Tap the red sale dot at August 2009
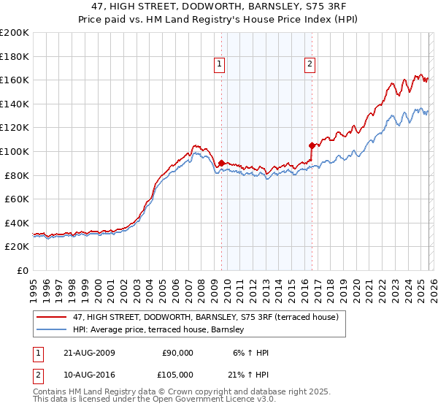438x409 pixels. pyautogui.click(x=221, y=163)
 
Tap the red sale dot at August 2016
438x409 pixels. pyautogui.click(x=312, y=145)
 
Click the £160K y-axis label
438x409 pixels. pyautogui.click(x=15, y=80)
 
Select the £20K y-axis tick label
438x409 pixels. pyautogui.click(x=18, y=246)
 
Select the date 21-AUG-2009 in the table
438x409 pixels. pyautogui.click(x=88, y=353)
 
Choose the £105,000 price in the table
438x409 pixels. pyautogui.click(x=177, y=375)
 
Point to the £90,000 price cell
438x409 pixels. pyautogui.click(x=177, y=353)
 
